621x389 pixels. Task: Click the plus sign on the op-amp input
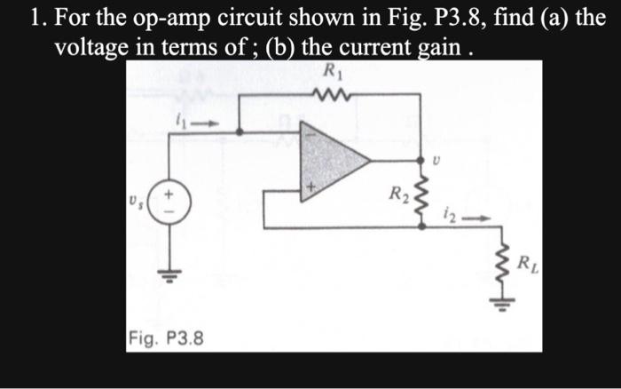pyautogui.click(x=310, y=188)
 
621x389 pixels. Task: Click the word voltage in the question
pyautogui.click(x=92, y=48)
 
